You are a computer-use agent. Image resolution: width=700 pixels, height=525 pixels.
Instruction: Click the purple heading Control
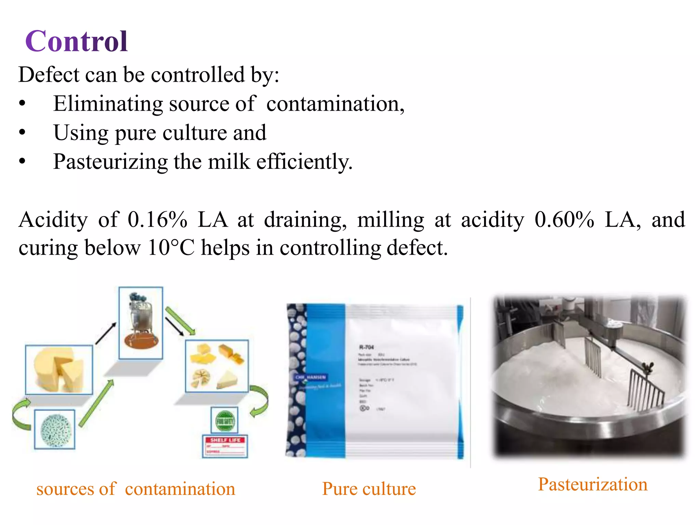[77, 41]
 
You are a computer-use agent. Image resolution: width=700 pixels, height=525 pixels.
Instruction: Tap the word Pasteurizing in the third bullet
[110, 162]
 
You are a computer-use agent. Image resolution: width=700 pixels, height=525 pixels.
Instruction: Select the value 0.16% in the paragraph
[157, 220]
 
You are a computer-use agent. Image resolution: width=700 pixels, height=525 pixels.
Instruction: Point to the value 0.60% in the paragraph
[564, 220]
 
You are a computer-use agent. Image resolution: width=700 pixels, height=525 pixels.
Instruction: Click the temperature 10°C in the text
[171, 248]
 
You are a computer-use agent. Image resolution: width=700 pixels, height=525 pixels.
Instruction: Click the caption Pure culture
[369, 489]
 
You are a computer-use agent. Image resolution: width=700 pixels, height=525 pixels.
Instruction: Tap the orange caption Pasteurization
[593, 484]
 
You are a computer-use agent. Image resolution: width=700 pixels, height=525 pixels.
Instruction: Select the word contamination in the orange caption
[180, 489]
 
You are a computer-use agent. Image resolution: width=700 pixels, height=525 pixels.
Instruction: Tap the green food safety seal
[225, 421]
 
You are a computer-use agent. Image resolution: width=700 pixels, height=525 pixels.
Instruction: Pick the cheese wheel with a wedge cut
[59, 370]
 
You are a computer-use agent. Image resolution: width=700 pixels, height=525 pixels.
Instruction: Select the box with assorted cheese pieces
[217, 366]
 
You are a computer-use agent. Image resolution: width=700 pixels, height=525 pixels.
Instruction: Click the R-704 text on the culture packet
[366, 347]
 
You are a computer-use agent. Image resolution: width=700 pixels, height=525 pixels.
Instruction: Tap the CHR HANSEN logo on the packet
[310, 377]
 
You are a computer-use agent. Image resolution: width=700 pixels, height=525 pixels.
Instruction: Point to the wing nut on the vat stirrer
[648, 368]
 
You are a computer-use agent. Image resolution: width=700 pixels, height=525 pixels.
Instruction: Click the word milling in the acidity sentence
[391, 220]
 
